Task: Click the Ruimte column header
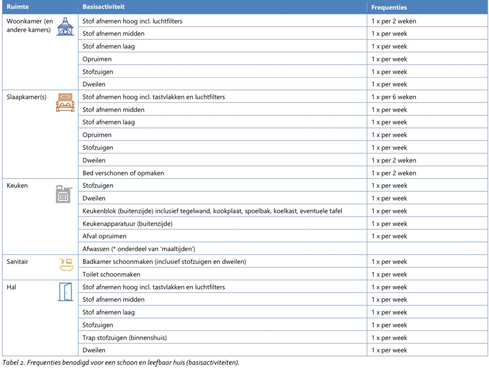(18, 7)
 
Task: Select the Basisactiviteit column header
(103, 7)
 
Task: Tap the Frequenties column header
(389, 7)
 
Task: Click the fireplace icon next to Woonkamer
(65, 27)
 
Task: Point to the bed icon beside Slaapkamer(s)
(65, 102)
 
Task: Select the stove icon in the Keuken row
(64, 194)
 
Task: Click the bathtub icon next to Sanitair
(66, 264)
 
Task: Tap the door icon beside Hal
(65, 292)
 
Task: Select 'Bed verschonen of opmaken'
(123, 173)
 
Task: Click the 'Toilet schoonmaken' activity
(111, 275)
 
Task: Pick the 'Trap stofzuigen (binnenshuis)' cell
(125, 338)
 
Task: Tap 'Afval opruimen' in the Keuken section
(104, 236)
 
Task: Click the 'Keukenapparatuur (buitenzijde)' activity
(127, 224)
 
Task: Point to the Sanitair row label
(17, 262)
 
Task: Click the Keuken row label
(17, 185)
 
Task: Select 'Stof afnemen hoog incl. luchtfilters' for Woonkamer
(132, 21)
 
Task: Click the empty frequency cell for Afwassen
(427, 249)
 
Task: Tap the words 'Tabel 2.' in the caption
(13, 363)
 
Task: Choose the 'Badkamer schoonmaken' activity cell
(164, 262)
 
